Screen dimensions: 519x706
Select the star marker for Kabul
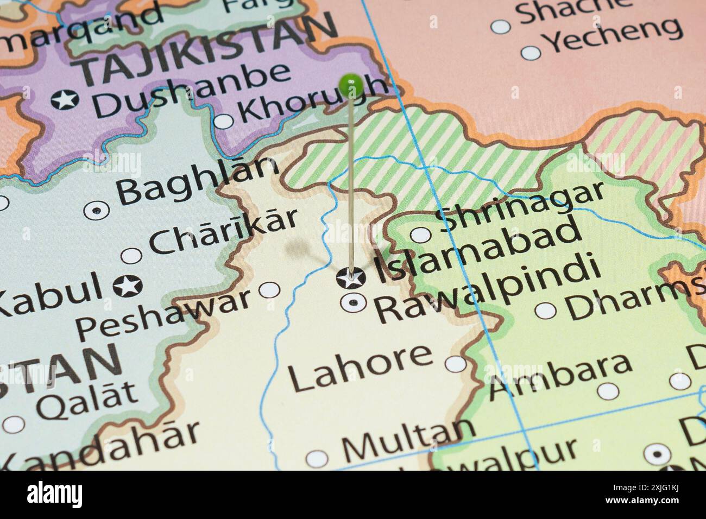point(129,284)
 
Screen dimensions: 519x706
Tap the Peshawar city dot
point(270,290)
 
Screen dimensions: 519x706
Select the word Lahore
point(360,369)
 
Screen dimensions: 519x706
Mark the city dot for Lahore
point(456,363)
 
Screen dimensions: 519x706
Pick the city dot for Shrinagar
point(420,235)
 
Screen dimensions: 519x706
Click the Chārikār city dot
point(131,256)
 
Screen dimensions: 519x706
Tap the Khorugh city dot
point(224,121)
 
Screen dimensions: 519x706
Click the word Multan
point(408,440)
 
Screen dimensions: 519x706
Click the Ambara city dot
point(608,390)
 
